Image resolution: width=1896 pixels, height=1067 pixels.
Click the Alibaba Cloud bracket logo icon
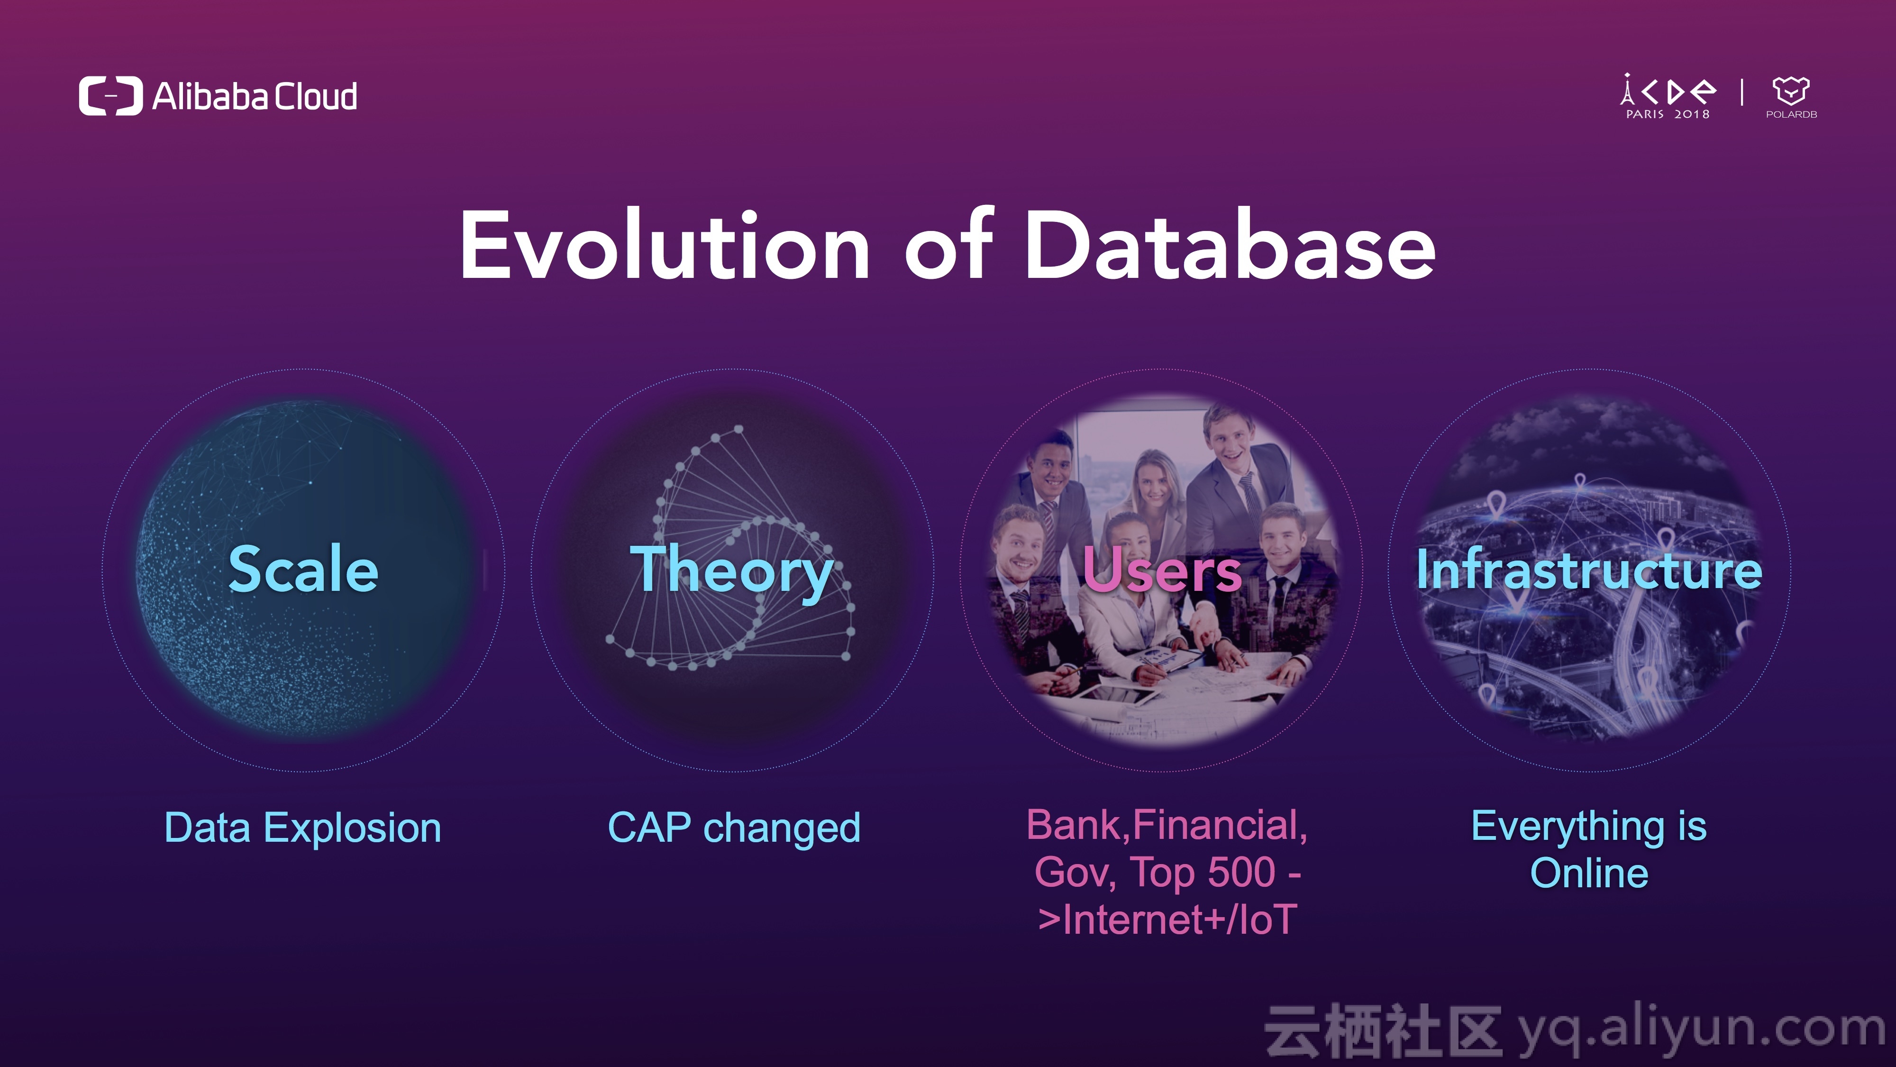tap(110, 96)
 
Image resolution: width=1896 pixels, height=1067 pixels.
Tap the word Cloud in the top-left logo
tap(316, 96)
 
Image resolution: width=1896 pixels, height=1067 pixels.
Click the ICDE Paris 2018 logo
tap(1668, 96)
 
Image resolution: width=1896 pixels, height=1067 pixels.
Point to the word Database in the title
tap(1230, 245)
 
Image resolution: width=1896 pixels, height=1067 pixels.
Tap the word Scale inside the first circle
tap(303, 569)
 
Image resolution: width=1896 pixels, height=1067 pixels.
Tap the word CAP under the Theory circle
tap(649, 827)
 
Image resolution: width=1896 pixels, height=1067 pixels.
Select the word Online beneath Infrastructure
tap(1589, 874)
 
